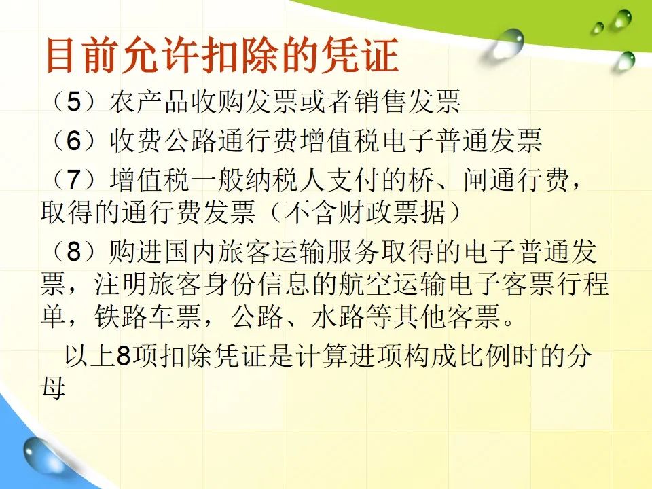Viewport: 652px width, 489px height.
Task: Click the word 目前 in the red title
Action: tap(80, 55)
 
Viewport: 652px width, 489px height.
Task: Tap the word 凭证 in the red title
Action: tap(362, 55)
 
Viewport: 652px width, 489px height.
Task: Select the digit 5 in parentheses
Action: tap(73, 101)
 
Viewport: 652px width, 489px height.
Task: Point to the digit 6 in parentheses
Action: tap(73, 140)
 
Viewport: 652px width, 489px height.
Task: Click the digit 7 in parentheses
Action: tap(73, 179)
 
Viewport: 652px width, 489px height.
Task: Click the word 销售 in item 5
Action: tap(380, 101)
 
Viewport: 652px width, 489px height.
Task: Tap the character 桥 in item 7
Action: tap(421, 179)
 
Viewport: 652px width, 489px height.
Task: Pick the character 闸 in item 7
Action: tap(475, 179)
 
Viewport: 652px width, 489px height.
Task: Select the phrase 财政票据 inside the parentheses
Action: tap(393, 213)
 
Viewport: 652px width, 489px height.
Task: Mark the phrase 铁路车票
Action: tap(148, 317)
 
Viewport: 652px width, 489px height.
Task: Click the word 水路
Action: tap(339, 317)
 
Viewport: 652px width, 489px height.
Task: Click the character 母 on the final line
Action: tap(53, 388)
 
